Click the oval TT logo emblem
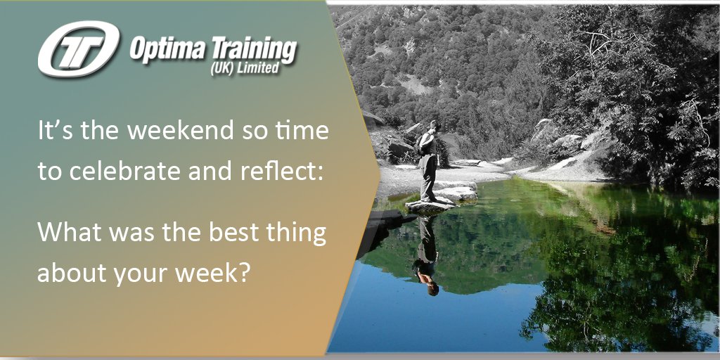click(79, 49)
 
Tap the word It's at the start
click(51, 131)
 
